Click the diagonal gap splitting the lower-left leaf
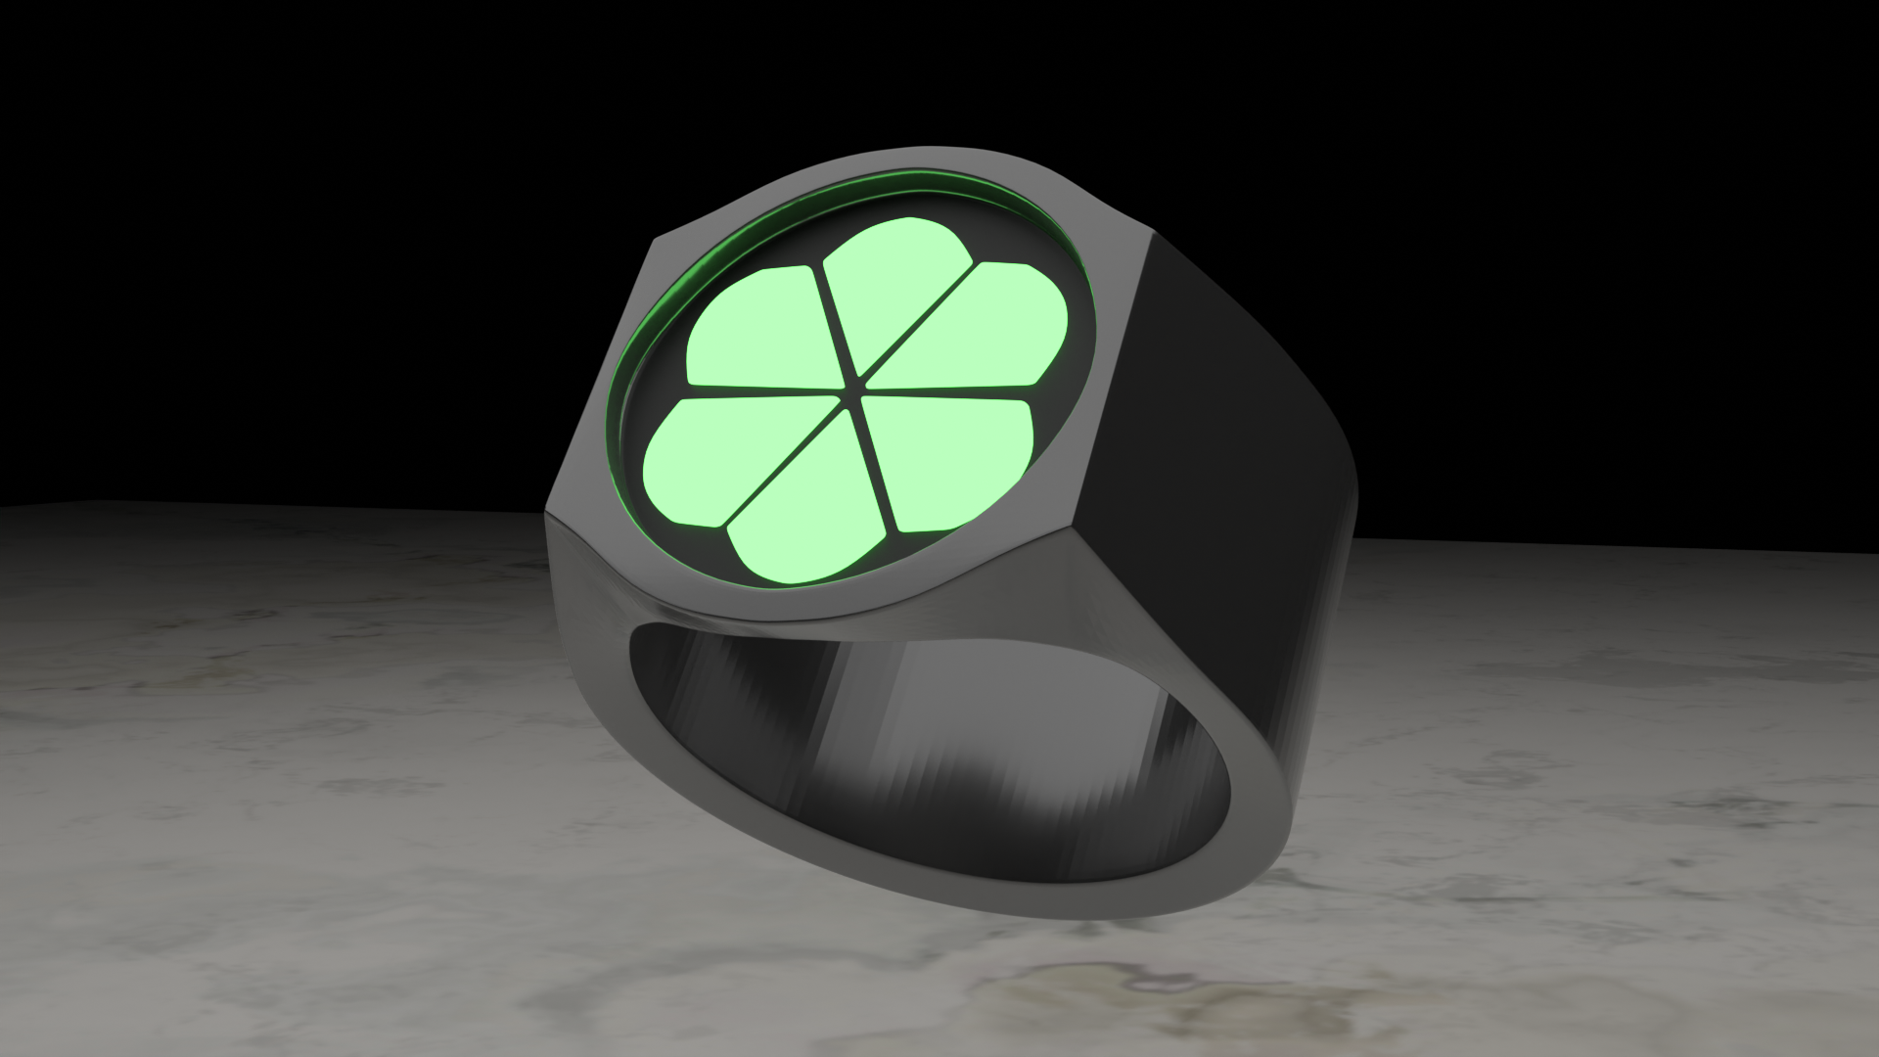[783, 460]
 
